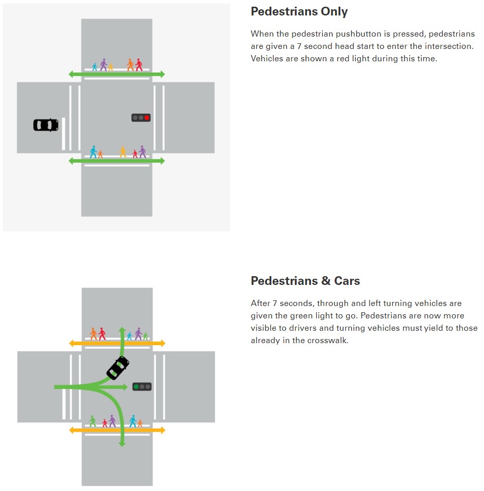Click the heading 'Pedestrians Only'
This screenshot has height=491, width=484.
tap(299, 11)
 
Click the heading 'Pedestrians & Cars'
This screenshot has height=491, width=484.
tap(305, 281)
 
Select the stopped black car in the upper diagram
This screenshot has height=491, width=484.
tap(46, 125)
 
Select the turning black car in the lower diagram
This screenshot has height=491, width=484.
tap(118, 368)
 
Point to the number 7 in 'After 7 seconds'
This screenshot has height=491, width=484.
tap(274, 303)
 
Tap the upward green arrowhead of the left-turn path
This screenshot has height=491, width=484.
tap(122, 329)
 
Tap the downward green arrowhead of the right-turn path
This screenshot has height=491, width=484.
tap(122, 444)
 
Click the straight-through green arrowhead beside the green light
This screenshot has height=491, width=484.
tap(126, 387)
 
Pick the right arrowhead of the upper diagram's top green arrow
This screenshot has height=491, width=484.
tap(162, 74)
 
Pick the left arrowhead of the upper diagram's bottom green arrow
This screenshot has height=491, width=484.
tap(71, 161)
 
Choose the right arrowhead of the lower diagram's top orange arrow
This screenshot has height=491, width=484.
tap(163, 344)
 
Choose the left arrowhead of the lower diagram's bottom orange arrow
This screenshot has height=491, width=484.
tap(72, 430)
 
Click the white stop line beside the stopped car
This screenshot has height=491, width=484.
tap(63, 134)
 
